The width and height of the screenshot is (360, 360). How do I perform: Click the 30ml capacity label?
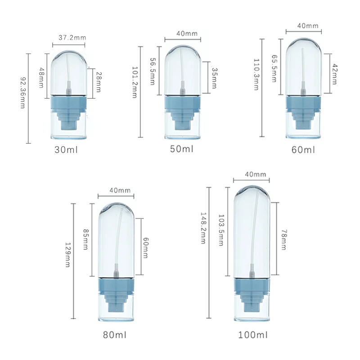point(66,150)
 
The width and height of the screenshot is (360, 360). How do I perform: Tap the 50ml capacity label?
point(182,149)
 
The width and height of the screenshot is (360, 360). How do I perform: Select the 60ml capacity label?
point(303,150)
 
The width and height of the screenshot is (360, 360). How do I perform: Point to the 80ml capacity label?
point(115,335)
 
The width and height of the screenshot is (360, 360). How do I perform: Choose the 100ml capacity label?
point(253,335)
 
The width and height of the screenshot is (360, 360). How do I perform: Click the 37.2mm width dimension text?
point(72,38)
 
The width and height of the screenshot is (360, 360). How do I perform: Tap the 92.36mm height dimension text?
point(23,93)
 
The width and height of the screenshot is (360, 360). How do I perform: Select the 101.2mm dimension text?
point(135,82)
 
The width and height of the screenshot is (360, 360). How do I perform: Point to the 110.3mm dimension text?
point(256,75)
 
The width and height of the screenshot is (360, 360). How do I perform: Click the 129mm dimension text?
point(68,255)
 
